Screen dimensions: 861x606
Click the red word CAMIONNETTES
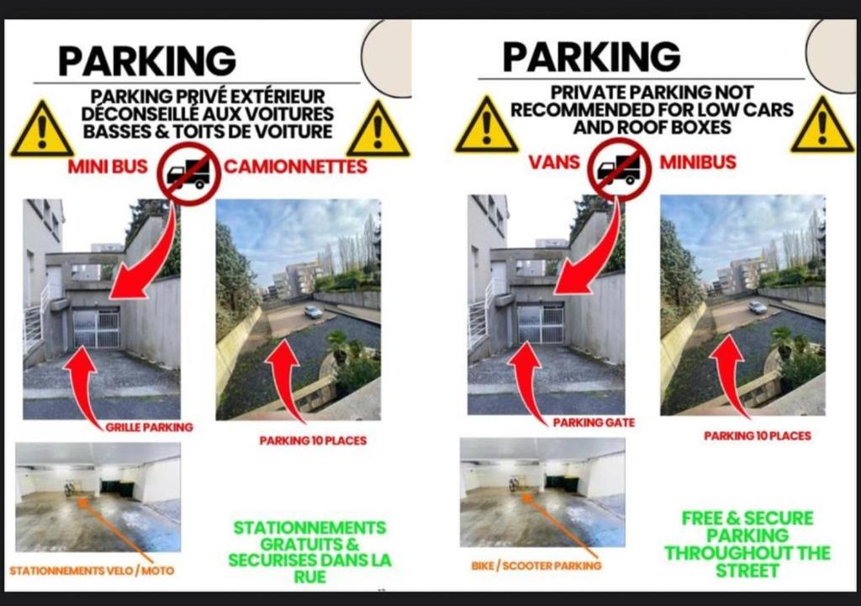click(295, 166)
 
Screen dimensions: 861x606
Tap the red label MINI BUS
click(108, 166)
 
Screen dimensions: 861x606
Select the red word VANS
click(554, 162)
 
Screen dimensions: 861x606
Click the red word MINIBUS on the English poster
click(697, 162)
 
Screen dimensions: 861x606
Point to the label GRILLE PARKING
click(150, 428)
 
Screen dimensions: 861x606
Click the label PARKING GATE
click(594, 423)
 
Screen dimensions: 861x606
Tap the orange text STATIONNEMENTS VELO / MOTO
click(92, 571)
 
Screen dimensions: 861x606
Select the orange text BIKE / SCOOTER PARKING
click(536, 566)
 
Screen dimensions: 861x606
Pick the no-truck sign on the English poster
click(620, 170)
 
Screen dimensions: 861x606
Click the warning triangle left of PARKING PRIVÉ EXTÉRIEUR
click(42, 129)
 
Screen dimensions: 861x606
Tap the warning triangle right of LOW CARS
click(822, 125)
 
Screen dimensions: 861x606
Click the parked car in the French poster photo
click(313, 311)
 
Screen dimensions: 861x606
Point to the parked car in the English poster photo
click(758, 307)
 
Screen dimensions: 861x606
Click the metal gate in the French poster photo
click(96, 328)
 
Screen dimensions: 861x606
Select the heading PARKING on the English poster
click(591, 56)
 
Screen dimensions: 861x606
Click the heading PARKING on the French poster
click(147, 60)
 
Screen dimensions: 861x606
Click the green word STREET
click(747, 571)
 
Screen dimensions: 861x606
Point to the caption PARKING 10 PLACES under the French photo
click(313, 440)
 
